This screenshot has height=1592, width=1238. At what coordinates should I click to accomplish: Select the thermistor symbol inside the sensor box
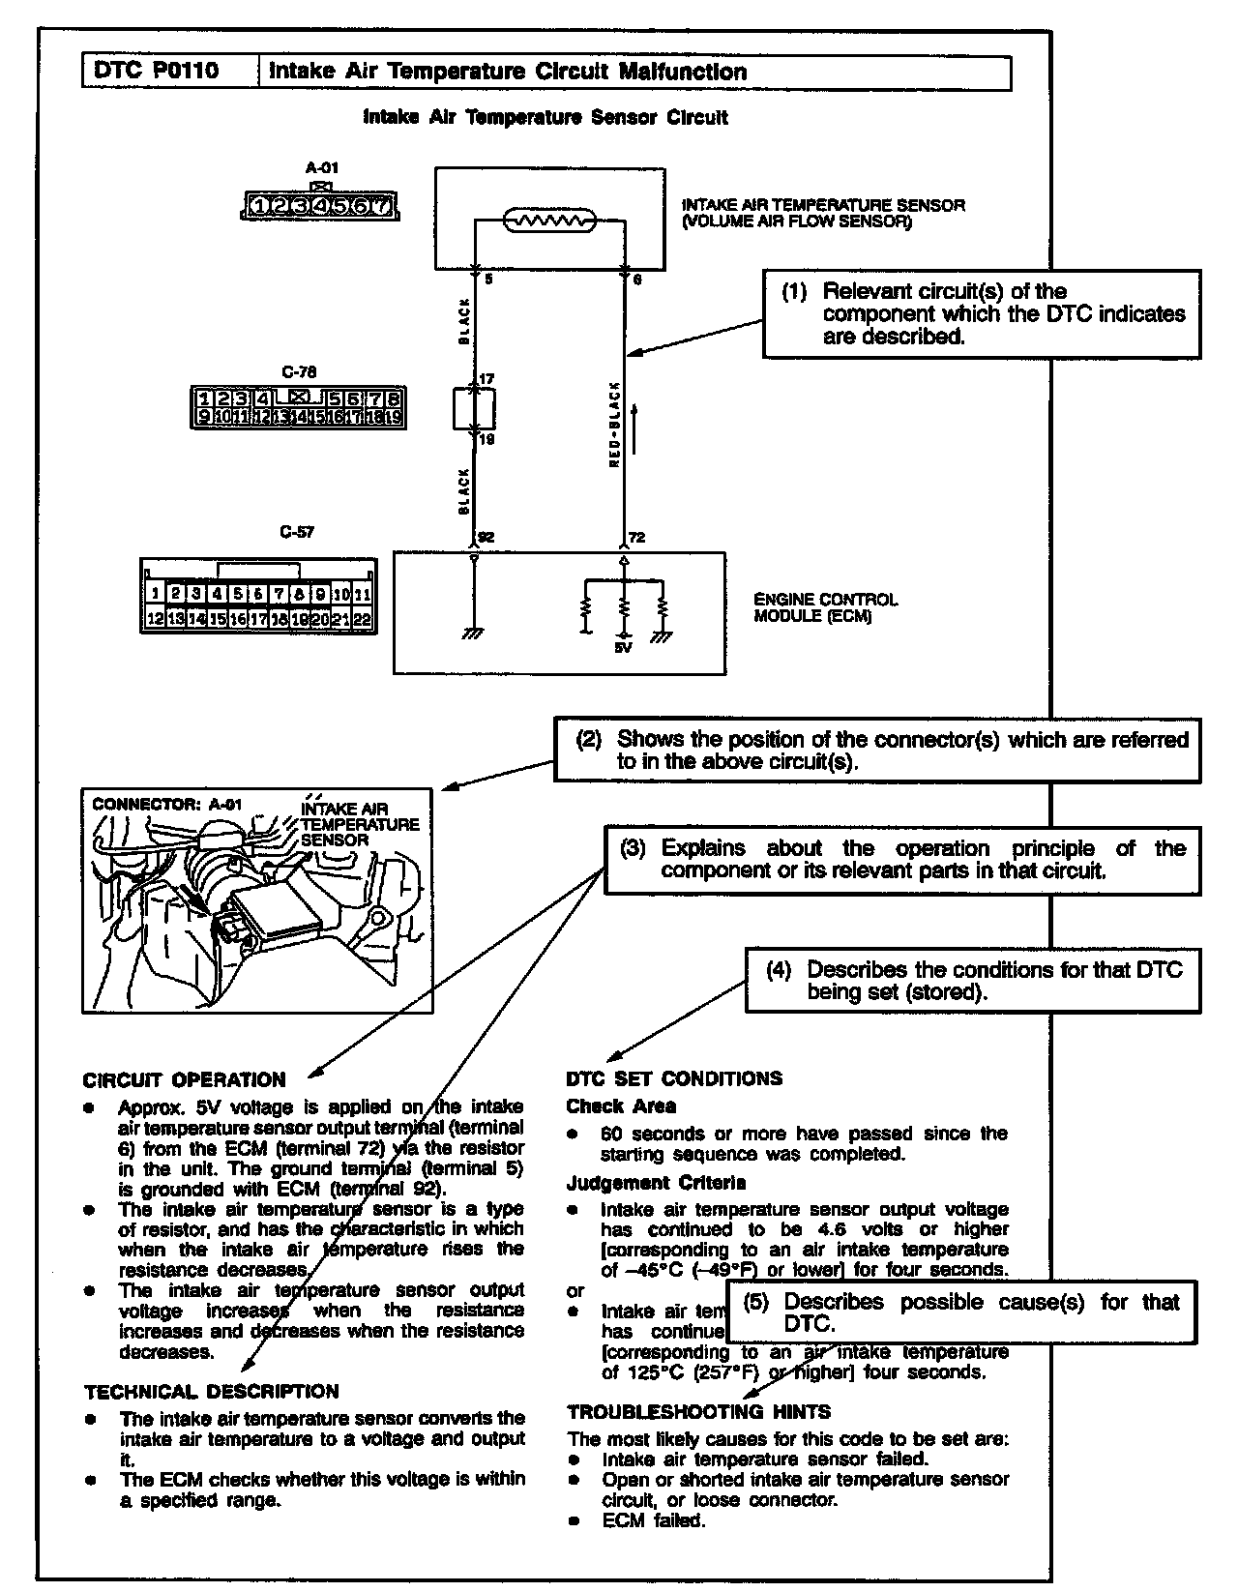coord(548,221)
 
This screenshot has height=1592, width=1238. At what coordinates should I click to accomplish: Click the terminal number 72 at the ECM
coord(636,538)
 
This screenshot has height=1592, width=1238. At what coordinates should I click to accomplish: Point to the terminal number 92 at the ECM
coord(486,538)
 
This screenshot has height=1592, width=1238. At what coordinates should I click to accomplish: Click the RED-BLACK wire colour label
coord(613,425)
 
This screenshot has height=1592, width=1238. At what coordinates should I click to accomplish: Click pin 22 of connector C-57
coord(362,620)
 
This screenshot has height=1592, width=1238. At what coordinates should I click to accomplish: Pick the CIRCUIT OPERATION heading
coord(185,1080)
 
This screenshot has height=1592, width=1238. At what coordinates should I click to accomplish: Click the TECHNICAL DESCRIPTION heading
coord(212,1392)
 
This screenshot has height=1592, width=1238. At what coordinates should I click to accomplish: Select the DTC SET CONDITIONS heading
coord(674,1078)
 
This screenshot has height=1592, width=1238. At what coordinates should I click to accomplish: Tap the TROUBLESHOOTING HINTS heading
coord(698,1412)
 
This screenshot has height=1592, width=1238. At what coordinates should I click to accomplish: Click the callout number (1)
coord(794,292)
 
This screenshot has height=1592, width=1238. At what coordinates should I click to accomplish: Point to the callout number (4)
coord(779,970)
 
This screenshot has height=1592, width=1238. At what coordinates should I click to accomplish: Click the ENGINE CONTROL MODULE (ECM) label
coord(825,607)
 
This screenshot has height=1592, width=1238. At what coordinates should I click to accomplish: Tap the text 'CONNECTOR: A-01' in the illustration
coord(166,804)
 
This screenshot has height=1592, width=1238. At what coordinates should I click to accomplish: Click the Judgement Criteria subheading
coord(656,1183)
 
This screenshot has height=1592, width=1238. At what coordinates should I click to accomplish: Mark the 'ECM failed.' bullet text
coord(654,1520)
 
